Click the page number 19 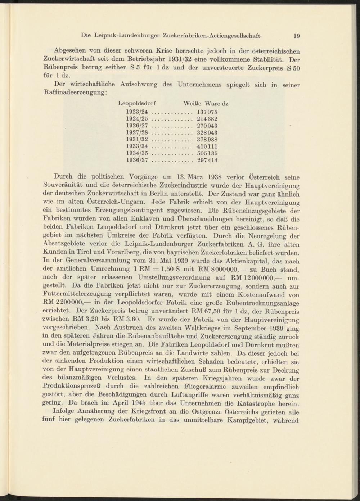pos(297,36)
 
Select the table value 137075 pos(207,112)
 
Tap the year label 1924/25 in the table pos(137,119)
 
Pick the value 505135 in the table pos(207,153)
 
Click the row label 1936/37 pos(137,160)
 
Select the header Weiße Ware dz pos(206,103)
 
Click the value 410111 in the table pos(207,146)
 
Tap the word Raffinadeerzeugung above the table pos(74,92)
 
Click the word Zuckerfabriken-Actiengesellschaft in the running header pos(211,36)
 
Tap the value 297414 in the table pos(207,160)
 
